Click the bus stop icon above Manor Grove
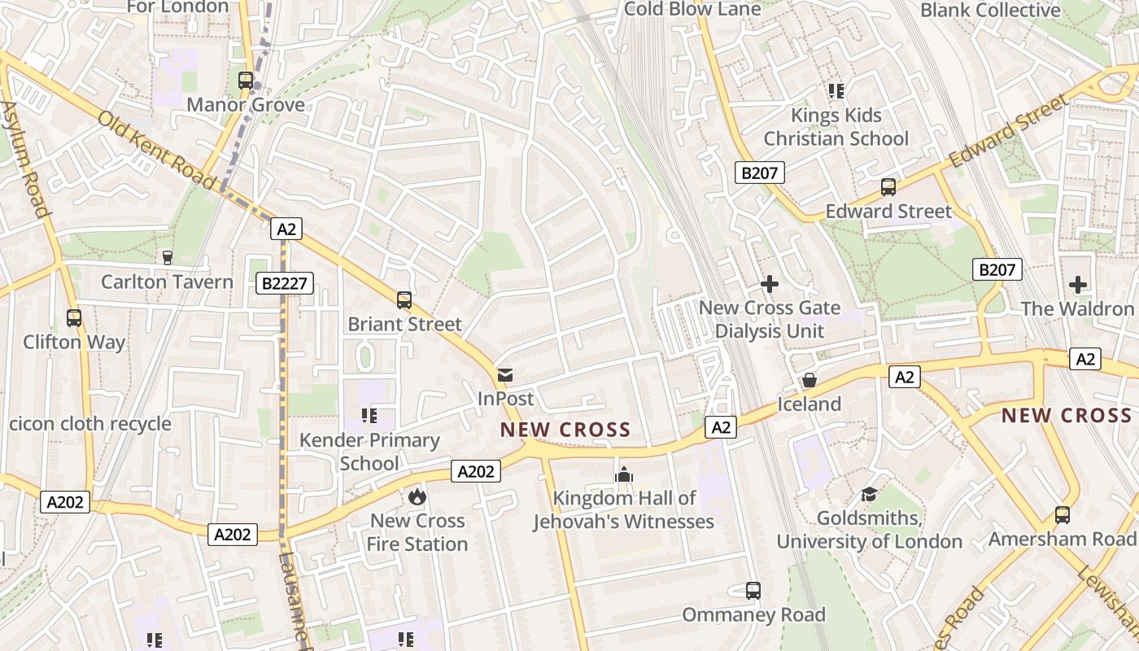click(x=245, y=80)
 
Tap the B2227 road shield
click(x=284, y=283)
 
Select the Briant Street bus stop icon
click(x=404, y=299)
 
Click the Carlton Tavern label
click(x=167, y=282)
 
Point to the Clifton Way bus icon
click(x=74, y=317)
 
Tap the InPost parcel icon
click(x=505, y=375)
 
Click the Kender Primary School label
click(x=369, y=452)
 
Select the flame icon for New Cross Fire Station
click(x=417, y=496)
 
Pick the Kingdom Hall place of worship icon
click(x=624, y=474)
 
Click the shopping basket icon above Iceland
click(x=809, y=380)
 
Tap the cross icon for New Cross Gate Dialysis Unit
click(x=769, y=284)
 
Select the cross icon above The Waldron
click(x=1078, y=285)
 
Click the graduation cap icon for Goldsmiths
click(x=869, y=494)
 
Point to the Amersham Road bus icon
click(x=1062, y=514)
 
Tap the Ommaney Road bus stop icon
click(x=753, y=590)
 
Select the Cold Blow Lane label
click(x=692, y=9)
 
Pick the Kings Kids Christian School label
click(x=836, y=126)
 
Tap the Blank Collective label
click(x=990, y=10)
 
